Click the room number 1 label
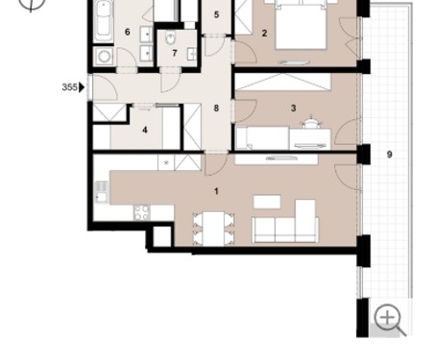coord(216,191)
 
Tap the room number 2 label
coord(264,33)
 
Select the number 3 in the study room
coord(293,108)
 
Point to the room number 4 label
coord(145,130)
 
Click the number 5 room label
coord(216,14)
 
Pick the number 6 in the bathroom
coord(128,32)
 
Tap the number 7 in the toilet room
coord(175,53)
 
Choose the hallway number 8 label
coord(216,108)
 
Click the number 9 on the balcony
coord(390,155)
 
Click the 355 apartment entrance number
coord(69,87)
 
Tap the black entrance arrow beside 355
coord(82,87)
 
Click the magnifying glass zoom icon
coord(390,320)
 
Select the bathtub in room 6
coord(104,21)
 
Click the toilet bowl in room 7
coord(171,38)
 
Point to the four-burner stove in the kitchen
coord(142,213)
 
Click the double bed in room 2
coord(300,25)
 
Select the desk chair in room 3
coord(311,123)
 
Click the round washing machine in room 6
coord(104,57)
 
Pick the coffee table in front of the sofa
coord(267,202)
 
